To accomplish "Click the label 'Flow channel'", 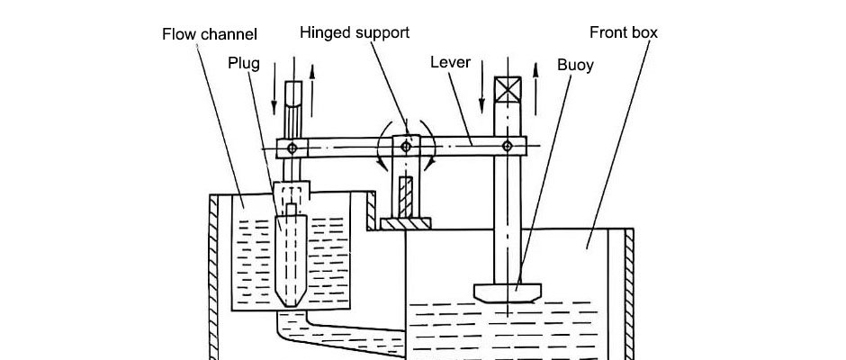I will tap(210, 35).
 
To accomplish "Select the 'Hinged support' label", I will tap(355, 32).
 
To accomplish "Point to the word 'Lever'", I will tap(451, 63).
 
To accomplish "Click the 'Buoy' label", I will tap(575, 65).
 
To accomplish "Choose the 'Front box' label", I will tap(624, 32).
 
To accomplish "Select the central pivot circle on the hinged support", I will tap(406, 145).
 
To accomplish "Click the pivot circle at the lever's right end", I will tap(508, 145).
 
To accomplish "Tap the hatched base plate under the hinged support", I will tap(406, 223).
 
